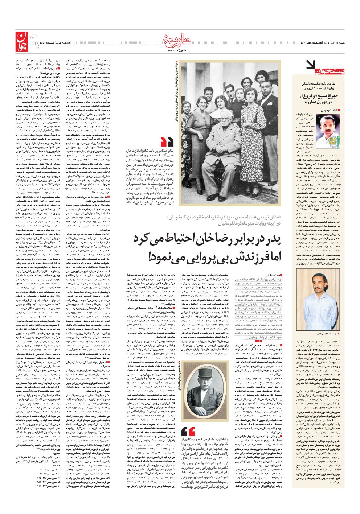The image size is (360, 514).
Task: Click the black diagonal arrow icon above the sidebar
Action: (311, 65)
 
